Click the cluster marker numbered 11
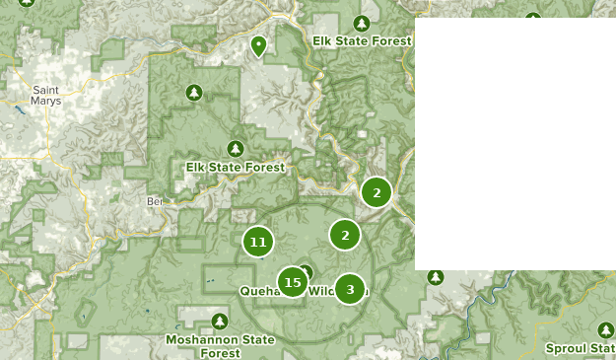(x=258, y=242)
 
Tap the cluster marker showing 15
(x=292, y=283)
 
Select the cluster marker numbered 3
(x=350, y=289)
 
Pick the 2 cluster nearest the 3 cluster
(x=345, y=235)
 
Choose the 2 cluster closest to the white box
(x=376, y=192)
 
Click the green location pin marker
(x=258, y=45)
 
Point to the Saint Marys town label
(x=46, y=94)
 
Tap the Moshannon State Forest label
(x=221, y=346)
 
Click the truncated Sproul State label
(x=582, y=348)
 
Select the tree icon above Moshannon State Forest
(x=220, y=321)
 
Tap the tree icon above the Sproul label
(x=606, y=329)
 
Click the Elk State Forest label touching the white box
(x=361, y=41)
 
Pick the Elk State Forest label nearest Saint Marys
(x=235, y=168)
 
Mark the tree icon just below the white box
(x=436, y=277)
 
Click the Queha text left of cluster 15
(x=258, y=292)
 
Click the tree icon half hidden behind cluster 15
(x=306, y=272)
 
